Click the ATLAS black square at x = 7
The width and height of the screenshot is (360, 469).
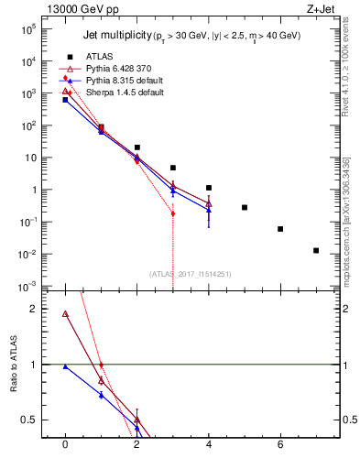tap(316, 250)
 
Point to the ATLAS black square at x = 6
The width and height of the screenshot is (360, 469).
tap(280, 229)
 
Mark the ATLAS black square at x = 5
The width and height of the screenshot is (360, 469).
tap(245, 208)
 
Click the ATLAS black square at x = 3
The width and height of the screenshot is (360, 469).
tap(172, 168)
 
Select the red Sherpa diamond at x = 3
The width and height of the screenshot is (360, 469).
tap(172, 213)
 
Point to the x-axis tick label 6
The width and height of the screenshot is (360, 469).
tap(280, 444)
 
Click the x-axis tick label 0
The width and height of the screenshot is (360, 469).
tap(65, 444)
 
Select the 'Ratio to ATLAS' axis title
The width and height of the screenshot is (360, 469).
tap(14, 365)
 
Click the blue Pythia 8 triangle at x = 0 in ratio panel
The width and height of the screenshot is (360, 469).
tap(65, 366)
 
